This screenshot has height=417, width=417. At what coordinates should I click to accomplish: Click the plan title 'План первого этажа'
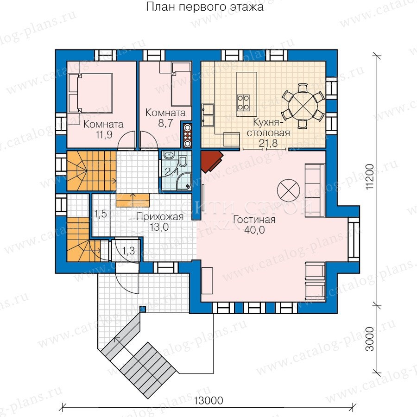point(205,7)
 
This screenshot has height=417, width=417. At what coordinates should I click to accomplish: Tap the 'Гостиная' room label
point(254,220)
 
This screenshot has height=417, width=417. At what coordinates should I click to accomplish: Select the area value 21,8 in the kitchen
point(268,143)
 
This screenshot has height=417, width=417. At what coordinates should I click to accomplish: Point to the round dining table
point(303,105)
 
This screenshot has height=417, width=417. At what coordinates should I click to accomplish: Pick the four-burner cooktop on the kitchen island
point(243,102)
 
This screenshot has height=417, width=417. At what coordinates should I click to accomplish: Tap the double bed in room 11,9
point(90,93)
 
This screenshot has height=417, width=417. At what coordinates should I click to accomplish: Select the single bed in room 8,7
point(181,84)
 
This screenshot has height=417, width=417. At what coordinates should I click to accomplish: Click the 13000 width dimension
point(209,400)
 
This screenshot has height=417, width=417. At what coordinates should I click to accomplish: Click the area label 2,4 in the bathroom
point(172,172)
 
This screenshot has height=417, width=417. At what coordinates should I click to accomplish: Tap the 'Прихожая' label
point(160,217)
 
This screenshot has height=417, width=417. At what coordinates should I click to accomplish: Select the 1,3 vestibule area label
point(128,251)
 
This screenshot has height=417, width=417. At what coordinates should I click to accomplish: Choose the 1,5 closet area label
point(101,214)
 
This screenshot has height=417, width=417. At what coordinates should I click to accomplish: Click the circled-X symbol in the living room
point(289,190)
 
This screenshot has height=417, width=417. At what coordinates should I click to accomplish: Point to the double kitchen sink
point(208,114)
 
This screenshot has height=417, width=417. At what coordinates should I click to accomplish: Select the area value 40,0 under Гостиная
point(254,230)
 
